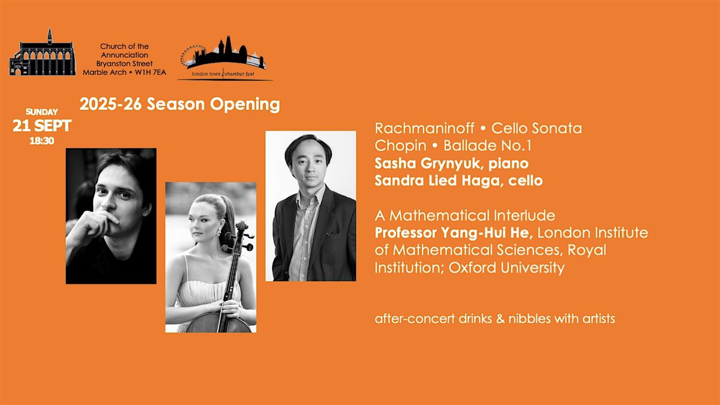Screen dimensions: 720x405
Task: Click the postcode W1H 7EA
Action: [x=151, y=73]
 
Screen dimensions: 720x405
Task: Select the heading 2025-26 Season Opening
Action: [x=179, y=104]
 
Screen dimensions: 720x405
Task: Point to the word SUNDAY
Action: [x=42, y=112]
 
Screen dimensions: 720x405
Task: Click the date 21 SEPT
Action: [x=42, y=125]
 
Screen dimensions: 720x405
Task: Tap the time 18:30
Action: [x=42, y=141]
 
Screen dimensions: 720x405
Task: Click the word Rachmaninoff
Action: [x=424, y=128]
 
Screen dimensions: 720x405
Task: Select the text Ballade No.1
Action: [x=487, y=146]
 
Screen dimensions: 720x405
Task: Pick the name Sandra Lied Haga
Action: [x=437, y=181]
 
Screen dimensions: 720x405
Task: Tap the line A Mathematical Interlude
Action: [x=465, y=215]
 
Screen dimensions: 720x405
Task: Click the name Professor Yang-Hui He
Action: [x=454, y=233]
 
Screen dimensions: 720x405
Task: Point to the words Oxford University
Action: [x=506, y=268]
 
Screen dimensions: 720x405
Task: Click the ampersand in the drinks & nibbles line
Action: [x=500, y=319]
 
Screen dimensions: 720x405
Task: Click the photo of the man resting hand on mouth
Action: [x=111, y=216]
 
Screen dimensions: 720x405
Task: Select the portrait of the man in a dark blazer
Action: [x=311, y=206]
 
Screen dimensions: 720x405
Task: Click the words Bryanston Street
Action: [x=124, y=64]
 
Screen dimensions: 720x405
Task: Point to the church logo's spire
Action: [x=49, y=36]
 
